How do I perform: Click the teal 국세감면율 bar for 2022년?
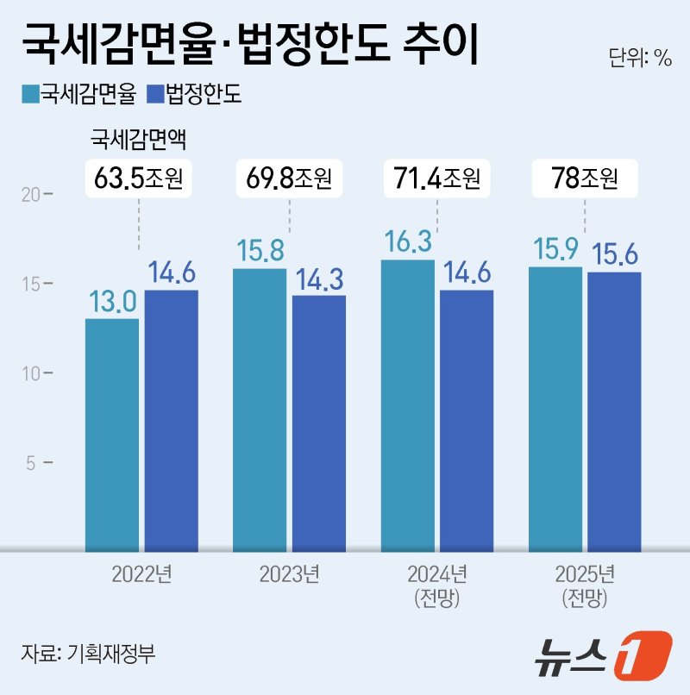click(x=112, y=434)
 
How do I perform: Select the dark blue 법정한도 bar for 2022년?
click(x=171, y=420)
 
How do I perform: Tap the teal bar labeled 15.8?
click(x=260, y=410)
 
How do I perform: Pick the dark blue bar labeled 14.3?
click(x=318, y=423)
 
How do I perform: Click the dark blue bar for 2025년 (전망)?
click(x=614, y=411)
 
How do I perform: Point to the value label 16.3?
click(x=408, y=242)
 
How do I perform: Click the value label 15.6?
click(x=615, y=254)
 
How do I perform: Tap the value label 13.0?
click(x=112, y=302)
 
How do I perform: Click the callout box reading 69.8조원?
click(x=289, y=179)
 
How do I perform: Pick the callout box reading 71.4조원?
click(x=436, y=179)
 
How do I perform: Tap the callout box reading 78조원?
click(x=585, y=179)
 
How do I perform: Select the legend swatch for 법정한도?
click(x=156, y=94)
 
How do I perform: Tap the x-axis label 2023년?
click(x=289, y=574)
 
